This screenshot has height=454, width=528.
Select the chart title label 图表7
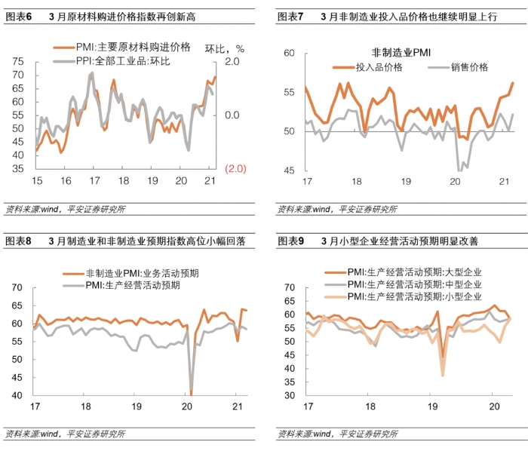(x=290, y=16)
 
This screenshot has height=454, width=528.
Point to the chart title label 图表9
(x=290, y=241)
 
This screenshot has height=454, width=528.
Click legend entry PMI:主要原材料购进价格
(x=133, y=48)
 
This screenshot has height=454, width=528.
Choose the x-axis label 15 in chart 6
(x=35, y=181)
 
